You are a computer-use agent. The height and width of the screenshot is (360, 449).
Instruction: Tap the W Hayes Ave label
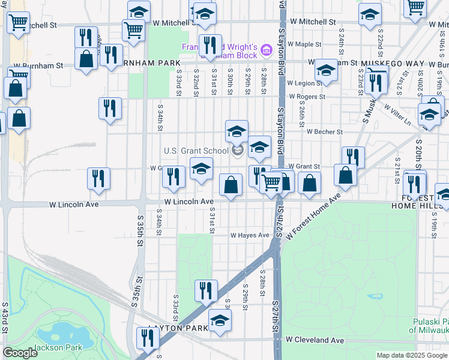250,235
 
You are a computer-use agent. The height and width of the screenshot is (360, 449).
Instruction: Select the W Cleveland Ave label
315,340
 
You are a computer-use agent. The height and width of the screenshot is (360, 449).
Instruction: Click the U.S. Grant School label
196,151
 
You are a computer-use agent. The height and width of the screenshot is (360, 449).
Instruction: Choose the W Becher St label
324,131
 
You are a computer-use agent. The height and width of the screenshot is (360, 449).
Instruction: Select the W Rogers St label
307,97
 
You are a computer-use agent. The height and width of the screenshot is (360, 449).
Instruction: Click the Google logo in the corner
20,353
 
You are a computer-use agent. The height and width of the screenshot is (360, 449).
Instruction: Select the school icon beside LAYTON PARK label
220,320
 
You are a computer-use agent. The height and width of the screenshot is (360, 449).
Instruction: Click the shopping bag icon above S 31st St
231,185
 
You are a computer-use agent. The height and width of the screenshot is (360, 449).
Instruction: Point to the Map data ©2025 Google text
412,355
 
